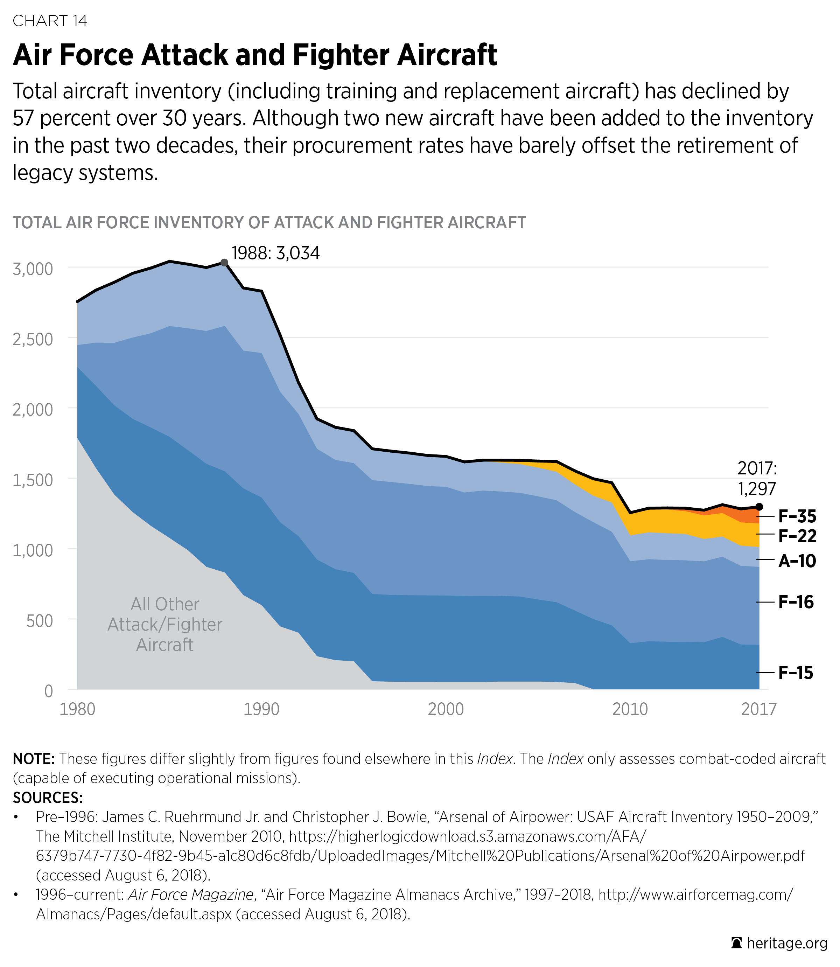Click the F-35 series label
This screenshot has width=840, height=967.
(x=797, y=516)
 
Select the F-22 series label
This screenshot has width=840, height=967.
(x=797, y=536)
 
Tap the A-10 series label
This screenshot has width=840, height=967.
(x=797, y=561)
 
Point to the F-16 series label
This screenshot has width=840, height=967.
(x=796, y=602)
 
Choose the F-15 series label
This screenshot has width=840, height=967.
(x=796, y=673)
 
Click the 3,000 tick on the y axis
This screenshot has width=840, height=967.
(x=33, y=269)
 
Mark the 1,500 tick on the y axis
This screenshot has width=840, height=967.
(x=33, y=480)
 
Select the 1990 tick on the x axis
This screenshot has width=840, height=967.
(x=261, y=709)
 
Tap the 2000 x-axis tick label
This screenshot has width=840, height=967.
(x=445, y=709)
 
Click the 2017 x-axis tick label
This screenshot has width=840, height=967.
(x=758, y=709)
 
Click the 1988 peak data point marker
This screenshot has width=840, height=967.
(x=225, y=263)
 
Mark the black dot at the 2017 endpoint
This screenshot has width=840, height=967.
(x=759, y=507)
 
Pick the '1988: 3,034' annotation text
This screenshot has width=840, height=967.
(x=276, y=253)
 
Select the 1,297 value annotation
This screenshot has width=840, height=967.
(x=757, y=489)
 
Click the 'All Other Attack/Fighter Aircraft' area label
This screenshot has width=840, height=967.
(x=164, y=624)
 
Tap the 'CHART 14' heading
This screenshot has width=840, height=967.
(x=50, y=21)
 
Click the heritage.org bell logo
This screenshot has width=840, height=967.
(x=736, y=943)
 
